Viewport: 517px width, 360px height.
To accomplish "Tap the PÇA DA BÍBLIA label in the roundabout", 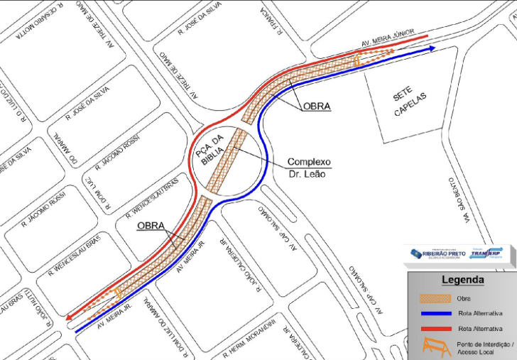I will pyautogui.click(x=211, y=150).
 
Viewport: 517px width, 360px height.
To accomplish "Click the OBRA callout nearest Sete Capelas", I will pyautogui.click(x=317, y=107).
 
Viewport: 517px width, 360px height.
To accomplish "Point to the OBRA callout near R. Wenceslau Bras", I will pyautogui.click(x=150, y=227).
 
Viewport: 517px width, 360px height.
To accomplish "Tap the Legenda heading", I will pyautogui.click(x=462, y=280).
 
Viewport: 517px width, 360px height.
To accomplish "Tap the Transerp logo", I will pyautogui.click(x=485, y=254).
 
